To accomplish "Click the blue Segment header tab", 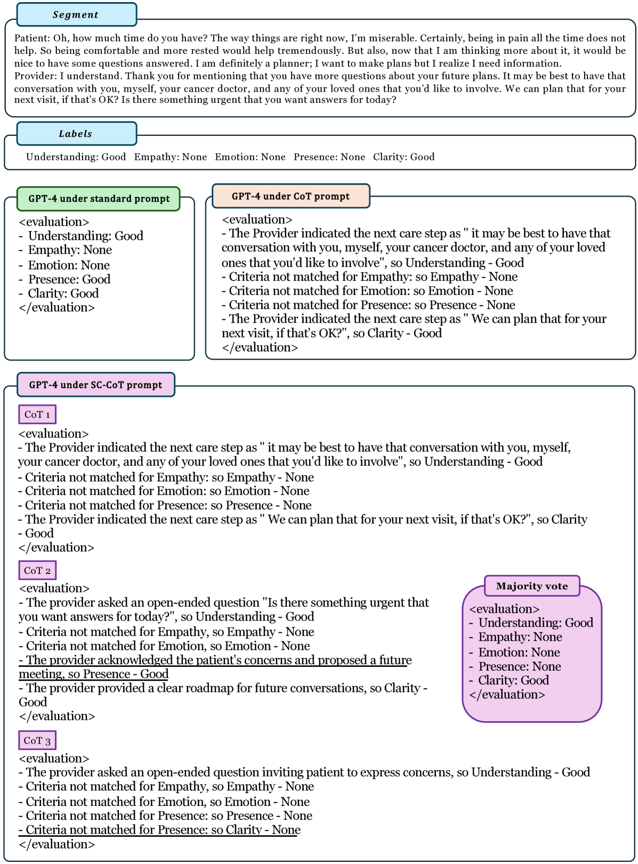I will click(x=76, y=14).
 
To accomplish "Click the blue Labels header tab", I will click(x=76, y=134).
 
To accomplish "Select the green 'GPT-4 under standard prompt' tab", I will click(x=99, y=199).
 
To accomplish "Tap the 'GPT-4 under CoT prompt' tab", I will click(x=290, y=196).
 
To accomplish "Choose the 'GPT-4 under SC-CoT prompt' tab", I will click(x=95, y=385).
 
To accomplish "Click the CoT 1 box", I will click(x=37, y=414).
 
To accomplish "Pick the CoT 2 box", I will click(x=37, y=570).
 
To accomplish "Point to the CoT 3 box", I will click(x=37, y=740).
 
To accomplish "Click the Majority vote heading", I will click(x=531, y=586).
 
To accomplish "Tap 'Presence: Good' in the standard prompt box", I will click(x=69, y=279).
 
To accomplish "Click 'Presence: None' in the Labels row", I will click(x=329, y=157).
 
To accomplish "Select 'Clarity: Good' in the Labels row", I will click(x=403, y=157).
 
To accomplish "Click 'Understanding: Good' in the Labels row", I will click(x=76, y=157).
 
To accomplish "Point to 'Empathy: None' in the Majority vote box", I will click(x=520, y=637).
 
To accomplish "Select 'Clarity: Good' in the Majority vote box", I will click(x=513, y=680).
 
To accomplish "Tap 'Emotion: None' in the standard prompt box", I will click(x=69, y=265).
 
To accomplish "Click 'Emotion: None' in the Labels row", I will click(x=250, y=157).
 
